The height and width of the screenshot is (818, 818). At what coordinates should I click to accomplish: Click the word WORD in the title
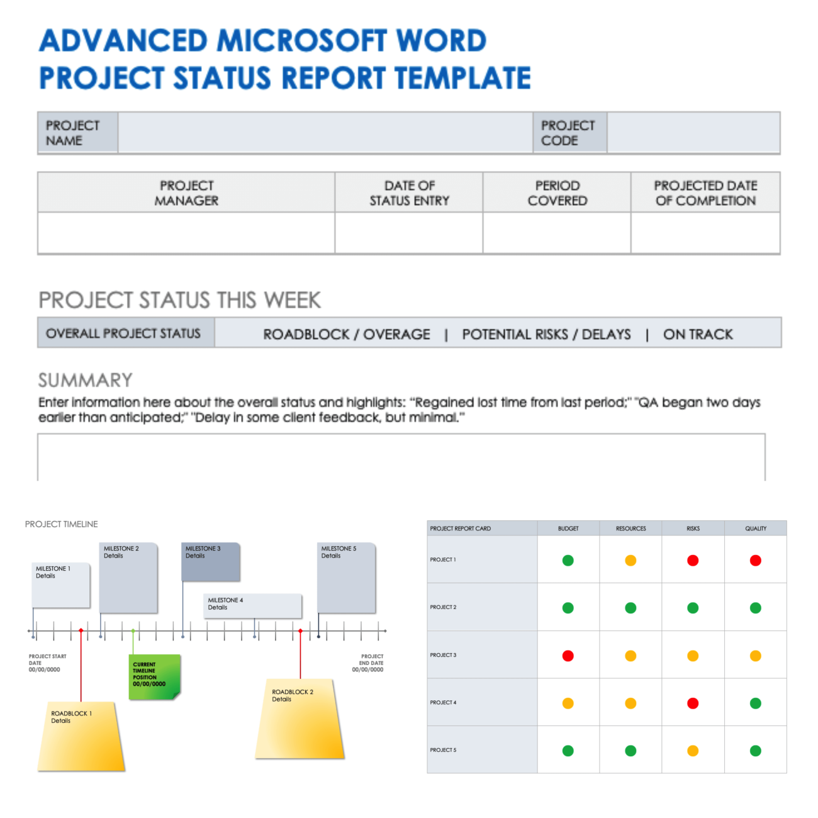point(441,41)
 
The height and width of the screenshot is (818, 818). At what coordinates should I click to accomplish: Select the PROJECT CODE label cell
point(569,132)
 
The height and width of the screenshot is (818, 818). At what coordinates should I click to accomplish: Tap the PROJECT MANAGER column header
point(186,193)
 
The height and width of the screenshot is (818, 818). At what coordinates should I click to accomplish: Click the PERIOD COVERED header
point(557,193)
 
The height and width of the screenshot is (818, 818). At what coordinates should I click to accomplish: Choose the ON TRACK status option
point(698,334)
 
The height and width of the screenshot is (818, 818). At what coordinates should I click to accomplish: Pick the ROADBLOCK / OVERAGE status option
point(346,334)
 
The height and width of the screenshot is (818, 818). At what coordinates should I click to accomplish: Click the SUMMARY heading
point(86,380)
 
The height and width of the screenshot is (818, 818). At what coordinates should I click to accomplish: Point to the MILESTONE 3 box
point(211,562)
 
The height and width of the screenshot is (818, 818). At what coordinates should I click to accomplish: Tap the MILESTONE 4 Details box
point(252,606)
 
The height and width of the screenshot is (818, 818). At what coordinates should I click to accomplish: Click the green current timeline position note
point(155,676)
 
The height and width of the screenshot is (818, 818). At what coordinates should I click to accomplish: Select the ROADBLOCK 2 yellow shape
point(300,718)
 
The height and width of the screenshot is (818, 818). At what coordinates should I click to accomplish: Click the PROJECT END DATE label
point(367,663)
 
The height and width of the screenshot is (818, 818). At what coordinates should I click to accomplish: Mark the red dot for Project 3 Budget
point(568,656)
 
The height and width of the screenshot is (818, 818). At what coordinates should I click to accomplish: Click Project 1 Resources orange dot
point(630,561)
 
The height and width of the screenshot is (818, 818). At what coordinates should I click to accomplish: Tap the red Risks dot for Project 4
point(693,703)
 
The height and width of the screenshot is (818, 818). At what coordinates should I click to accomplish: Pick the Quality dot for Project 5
point(756,751)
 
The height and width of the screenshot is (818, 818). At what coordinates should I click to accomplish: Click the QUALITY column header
point(756,529)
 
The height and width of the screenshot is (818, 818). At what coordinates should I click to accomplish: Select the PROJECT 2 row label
point(443,607)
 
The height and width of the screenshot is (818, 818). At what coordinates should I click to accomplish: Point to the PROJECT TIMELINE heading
point(62,524)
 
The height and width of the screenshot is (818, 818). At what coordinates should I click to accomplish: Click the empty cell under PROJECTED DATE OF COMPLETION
point(705,233)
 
